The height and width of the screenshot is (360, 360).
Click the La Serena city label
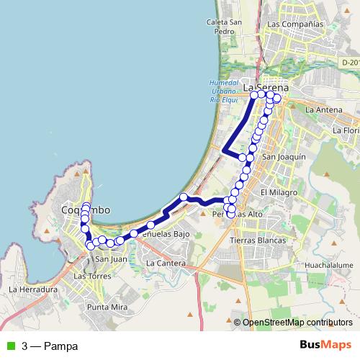coord(266,88)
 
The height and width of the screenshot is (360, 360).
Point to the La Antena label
coord(321,110)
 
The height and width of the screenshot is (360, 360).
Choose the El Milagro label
coord(274,193)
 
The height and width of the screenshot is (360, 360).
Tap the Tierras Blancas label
coord(257,240)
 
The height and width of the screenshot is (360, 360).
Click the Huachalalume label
coord(328,265)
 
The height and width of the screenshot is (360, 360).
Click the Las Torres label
coord(91,276)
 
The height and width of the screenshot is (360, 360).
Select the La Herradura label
coord(32,289)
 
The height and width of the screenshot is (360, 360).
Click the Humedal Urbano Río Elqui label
coord(224,91)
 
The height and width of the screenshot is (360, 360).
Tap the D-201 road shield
coord(350,63)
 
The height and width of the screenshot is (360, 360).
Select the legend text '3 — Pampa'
coord(50,346)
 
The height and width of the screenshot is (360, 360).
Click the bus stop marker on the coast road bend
coord(184,197)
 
